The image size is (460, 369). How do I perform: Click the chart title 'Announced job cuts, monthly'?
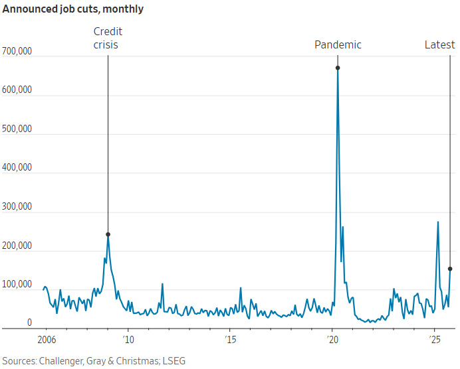pyautogui.click(x=73, y=9)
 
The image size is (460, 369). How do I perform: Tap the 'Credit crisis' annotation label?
pyautogui.click(x=108, y=38)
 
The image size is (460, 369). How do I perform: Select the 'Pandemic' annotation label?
pyautogui.click(x=338, y=45)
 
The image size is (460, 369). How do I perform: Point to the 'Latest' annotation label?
pyautogui.click(x=440, y=45)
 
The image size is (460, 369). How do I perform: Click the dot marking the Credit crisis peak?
pyautogui.click(x=108, y=234)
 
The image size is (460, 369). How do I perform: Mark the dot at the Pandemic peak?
pyautogui.click(x=338, y=68)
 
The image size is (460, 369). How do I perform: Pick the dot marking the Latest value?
pyautogui.click(x=450, y=269)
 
